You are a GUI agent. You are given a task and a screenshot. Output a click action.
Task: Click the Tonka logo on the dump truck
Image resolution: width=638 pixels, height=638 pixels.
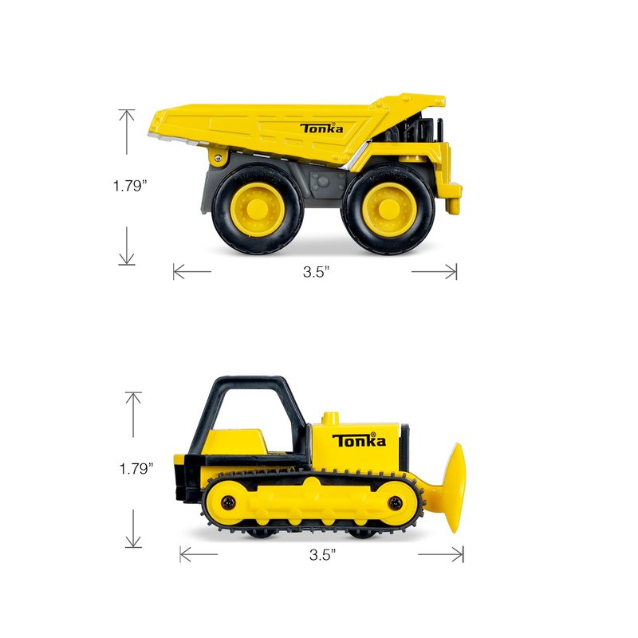point(321,128)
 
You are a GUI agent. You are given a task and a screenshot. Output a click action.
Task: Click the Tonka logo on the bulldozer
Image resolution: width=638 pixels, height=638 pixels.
point(359,440)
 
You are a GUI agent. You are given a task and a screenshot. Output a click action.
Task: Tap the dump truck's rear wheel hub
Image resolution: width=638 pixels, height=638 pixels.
point(257,208)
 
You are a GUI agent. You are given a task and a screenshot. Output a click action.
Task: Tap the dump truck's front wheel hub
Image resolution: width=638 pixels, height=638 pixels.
point(388,208)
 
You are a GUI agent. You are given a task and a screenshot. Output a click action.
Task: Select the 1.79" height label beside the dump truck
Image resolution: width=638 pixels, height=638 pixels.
point(129,186)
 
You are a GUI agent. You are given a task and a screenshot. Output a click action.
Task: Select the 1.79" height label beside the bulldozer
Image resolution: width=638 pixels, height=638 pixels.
point(136,469)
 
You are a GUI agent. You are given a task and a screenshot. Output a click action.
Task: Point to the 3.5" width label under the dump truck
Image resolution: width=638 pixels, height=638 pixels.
point(316,272)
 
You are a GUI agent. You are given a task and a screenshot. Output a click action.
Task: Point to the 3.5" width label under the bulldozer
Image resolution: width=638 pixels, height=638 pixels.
point(322,554)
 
